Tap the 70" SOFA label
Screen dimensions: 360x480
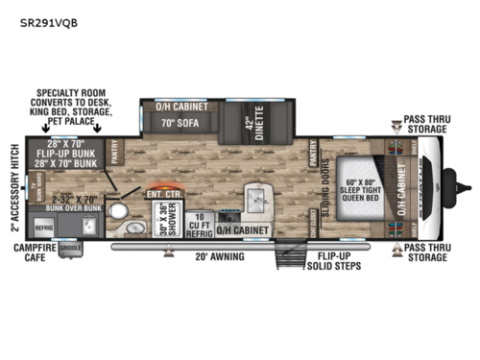point(180,123)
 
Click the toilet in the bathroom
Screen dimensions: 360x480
point(119,208)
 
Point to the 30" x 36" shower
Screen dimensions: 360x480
point(164,221)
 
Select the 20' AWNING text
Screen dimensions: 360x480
point(221,256)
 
